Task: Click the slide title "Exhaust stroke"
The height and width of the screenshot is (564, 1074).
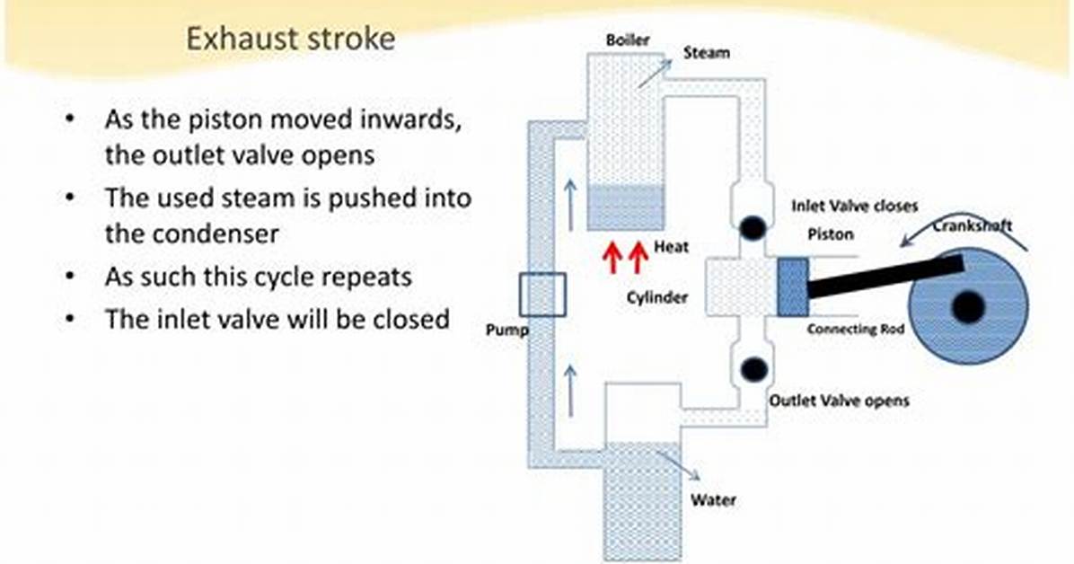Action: [x=290, y=39]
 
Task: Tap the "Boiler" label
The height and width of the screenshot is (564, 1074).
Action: [x=628, y=40]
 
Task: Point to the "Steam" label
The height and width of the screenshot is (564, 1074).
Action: [x=706, y=53]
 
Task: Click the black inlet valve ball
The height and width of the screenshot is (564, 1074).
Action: [x=753, y=227]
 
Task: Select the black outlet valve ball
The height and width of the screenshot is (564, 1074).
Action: [x=753, y=369]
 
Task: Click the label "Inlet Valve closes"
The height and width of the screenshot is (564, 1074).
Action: [x=854, y=207]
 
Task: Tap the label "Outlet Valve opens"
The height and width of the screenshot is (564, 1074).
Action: [x=839, y=401]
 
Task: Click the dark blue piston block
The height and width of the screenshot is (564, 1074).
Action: [x=793, y=286]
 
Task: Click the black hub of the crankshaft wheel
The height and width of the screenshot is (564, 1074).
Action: [x=969, y=307]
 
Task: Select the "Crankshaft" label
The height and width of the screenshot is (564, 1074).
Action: [x=973, y=226]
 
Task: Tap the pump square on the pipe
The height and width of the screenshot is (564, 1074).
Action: [x=542, y=295]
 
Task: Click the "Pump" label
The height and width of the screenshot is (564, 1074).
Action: [x=506, y=330]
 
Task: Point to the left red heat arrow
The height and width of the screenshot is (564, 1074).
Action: [x=613, y=258]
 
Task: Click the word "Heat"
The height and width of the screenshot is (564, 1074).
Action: [x=672, y=247]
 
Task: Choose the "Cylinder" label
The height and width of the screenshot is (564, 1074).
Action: [x=656, y=297]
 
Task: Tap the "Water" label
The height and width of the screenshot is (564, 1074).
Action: [x=713, y=499]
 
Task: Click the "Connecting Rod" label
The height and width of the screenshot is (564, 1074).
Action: [x=856, y=329]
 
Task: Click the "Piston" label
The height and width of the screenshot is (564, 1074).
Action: [x=831, y=234]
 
